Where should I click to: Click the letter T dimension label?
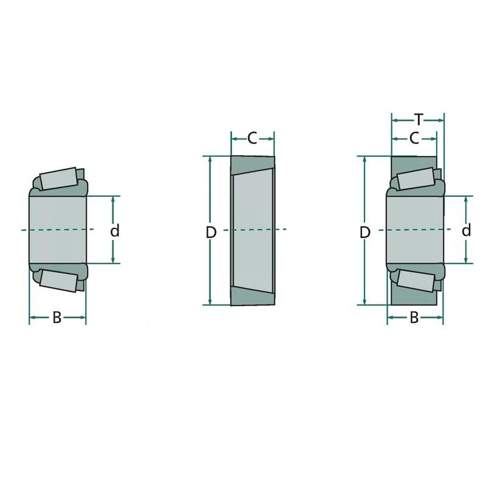click(x=418, y=118)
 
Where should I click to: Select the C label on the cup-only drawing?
click(x=252, y=139)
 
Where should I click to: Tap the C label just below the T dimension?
click(x=414, y=139)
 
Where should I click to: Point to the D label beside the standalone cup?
click(x=210, y=231)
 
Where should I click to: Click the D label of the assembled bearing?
click(x=364, y=231)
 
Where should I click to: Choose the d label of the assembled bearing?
click(x=466, y=230)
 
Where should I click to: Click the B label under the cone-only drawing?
click(x=56, y=317)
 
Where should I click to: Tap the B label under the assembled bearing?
click(x=414, y=317)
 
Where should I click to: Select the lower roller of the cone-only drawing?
click(x=58, y=281)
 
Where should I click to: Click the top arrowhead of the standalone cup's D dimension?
click(x=210, y=160)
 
